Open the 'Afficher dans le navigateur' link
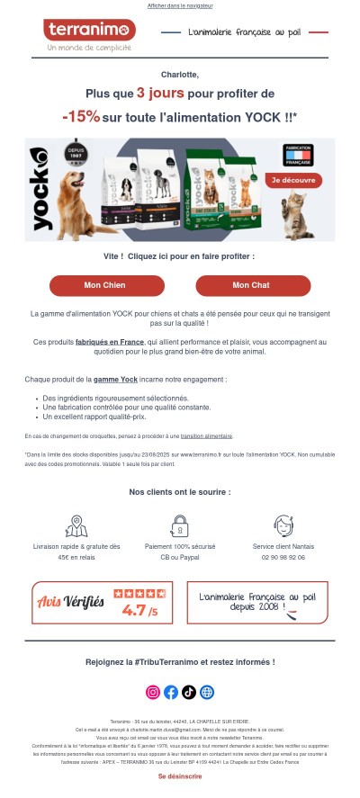click(179, 5)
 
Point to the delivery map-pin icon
click(76, 525)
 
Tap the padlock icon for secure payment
click(180, 525)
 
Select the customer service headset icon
click(283, 525)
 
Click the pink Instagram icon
click(153, 692)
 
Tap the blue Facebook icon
click(171, 692)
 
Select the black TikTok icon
click(188, 692)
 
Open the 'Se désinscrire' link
click(180, 776)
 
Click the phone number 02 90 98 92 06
click(283, 558)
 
